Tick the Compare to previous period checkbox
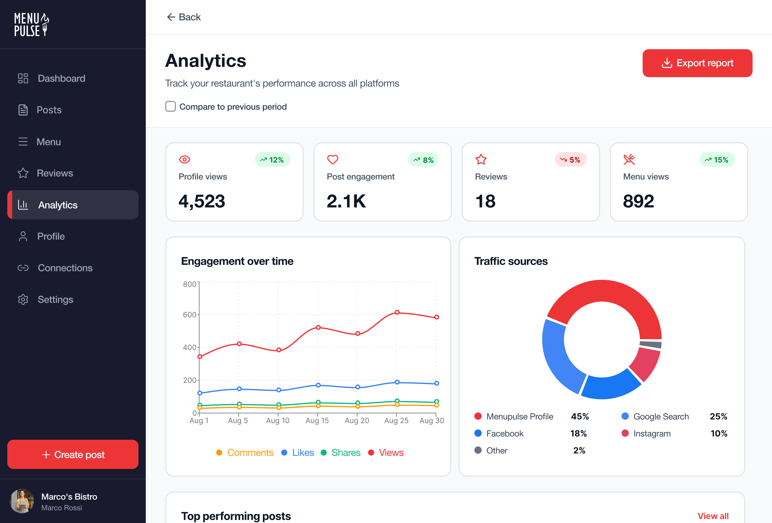click(170, 107)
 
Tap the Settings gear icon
click(23, 299)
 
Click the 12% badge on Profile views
click(272, 160)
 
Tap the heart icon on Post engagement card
click(333, 159)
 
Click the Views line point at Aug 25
click(397, 312)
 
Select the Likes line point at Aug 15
click(318, 385)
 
